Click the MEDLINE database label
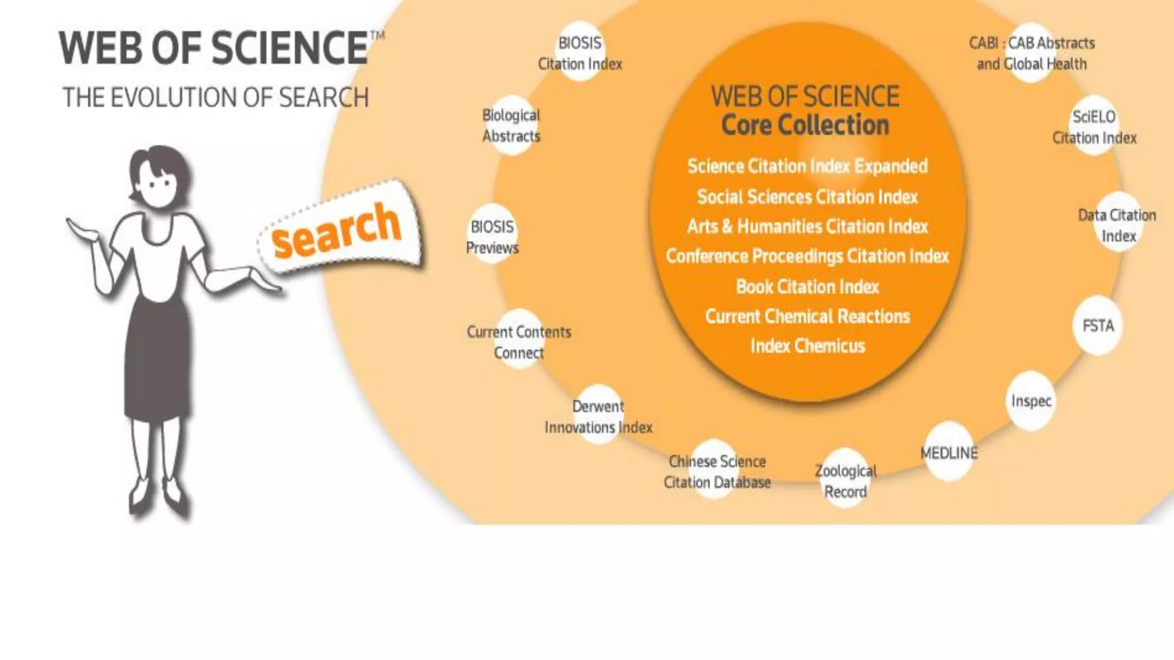949,453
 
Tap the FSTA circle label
1098,326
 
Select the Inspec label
1031,401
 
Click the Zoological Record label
846,481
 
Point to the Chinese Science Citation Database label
717,472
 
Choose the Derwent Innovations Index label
598,417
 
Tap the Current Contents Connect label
519,342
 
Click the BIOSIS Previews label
492,237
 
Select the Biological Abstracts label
511,125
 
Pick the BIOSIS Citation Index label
580,53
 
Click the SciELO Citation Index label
1094,127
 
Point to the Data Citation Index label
1117,225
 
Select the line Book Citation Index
807,286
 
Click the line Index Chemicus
807,346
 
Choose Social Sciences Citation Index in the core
807,197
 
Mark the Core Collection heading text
805,125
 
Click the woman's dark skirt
156,355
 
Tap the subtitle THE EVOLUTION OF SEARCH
215,97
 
